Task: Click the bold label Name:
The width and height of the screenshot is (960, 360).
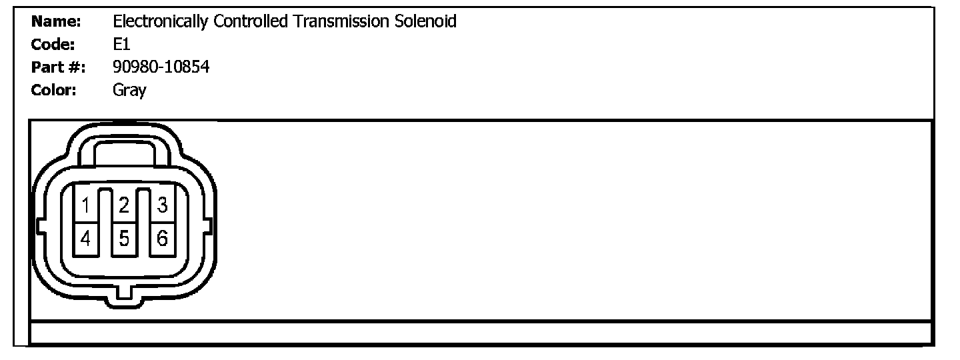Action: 56,21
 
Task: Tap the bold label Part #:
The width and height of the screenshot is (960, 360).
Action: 58,67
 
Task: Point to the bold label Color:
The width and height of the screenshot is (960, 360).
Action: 54,89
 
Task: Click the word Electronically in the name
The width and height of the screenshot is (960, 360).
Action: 161,21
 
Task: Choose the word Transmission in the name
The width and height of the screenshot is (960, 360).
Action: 340,21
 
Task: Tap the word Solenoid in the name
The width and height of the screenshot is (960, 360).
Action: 425,21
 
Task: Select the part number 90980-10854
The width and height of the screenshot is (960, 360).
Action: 161,67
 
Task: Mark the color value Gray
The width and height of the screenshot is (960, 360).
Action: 129,89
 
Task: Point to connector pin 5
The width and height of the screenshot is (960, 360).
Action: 123,237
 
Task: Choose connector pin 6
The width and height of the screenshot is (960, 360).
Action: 161,237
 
